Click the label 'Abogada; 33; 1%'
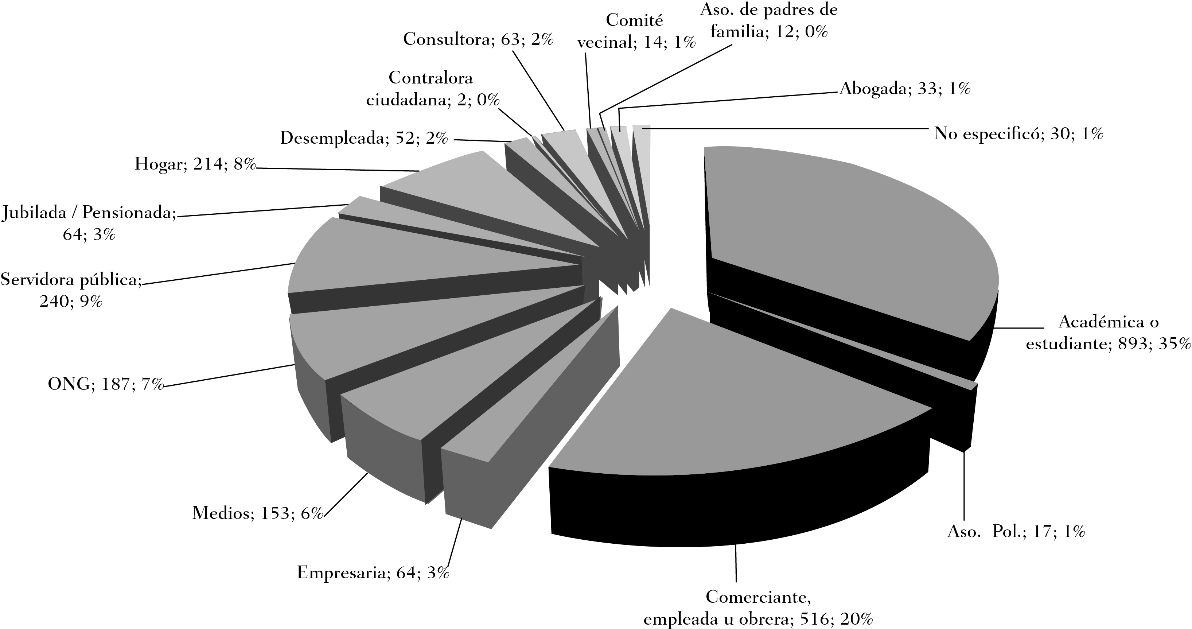pyautogui.click(x=905, y=88)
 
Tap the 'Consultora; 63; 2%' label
pyautogui.click(x=479, y=39)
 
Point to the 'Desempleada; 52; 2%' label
pyautogui.click(x=364, y=137)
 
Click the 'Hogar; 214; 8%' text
pyautogui.click(x=195, y=163)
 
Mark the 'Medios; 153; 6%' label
pyautogui.click(x=257, y=513)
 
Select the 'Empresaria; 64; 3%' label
pyautogui.click(x=373, y=572)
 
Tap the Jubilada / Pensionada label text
pyautogui.click(x=89, y=224)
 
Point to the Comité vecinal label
pyautogui.click(x=637, y=31)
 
